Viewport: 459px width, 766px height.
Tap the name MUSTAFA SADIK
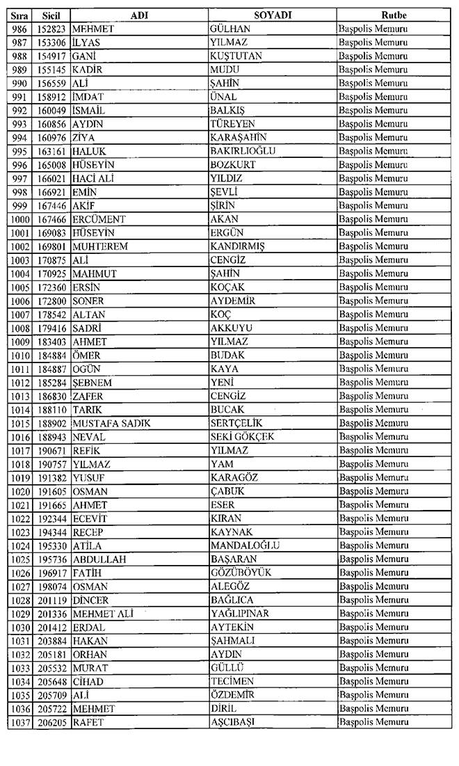[111, 423]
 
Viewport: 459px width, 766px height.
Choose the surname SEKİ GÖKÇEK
[242, 436]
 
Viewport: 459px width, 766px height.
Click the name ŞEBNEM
[92, 382]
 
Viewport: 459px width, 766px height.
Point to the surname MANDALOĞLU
[245, 545]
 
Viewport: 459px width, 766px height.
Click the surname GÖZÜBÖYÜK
[241, 573]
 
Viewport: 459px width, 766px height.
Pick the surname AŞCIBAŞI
[232, 722]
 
